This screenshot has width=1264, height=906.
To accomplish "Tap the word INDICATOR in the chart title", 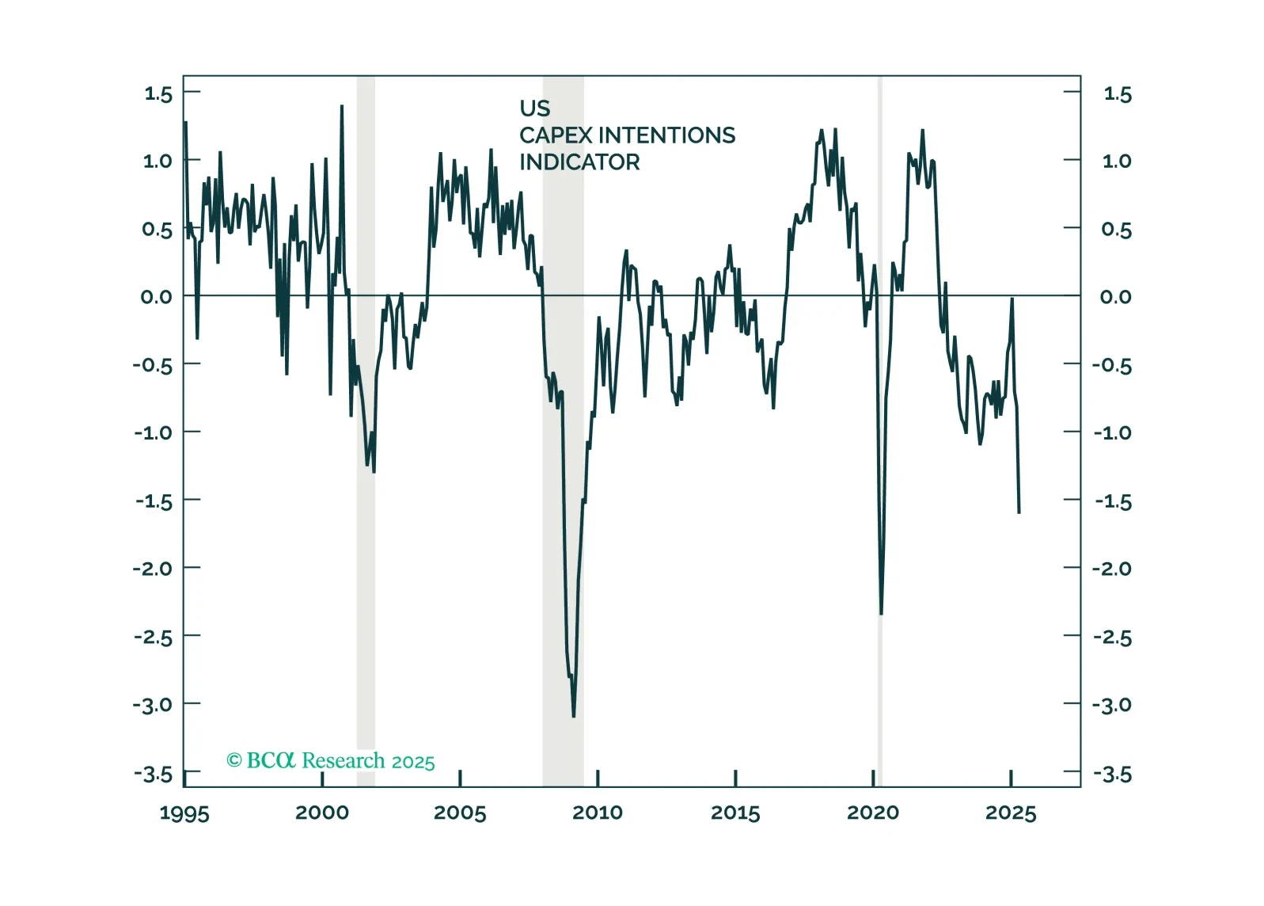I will [x=579, y=162].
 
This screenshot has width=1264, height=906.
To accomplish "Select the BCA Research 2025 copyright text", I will [x=331, y=760].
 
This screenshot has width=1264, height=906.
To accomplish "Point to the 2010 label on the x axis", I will [x=598, y=813].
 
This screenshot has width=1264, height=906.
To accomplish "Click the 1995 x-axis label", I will [x=184, y=813].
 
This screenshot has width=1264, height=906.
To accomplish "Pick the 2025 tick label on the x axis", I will [x=1011, y=813].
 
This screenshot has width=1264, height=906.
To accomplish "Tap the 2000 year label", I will [x=322, y=813].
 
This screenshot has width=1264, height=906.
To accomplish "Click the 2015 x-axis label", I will [x=735, y=813].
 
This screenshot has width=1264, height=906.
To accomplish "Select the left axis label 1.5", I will [x=158, y=93].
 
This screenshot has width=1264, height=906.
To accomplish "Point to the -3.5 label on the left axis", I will [x=153, y=774].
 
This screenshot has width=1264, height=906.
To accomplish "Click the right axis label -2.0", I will [x=1112, y=569].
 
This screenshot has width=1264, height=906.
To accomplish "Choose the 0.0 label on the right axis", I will [x=1115, y=297].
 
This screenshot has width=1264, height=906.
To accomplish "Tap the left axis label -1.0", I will [x=153, y=432].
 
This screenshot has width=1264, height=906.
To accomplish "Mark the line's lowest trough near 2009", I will [x=574, y=716].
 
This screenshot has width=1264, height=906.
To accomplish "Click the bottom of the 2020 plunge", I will [x=881, y=613].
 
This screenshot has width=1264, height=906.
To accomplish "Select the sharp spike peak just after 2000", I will [x=341, y=106].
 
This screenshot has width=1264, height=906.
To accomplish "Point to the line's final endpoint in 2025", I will [x=1019, y=512].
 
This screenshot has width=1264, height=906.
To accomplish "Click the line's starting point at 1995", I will [x=185, y=123].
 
